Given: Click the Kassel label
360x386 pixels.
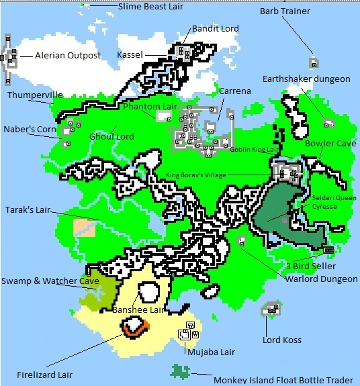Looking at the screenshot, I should (x=130, y=54).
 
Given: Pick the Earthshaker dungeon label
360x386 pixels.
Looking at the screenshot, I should (x=306, y=79).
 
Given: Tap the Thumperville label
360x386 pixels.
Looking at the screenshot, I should (x=35, y=95).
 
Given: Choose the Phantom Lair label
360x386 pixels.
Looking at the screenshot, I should (x=150, y=106).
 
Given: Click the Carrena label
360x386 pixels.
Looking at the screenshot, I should (x=235, y=91).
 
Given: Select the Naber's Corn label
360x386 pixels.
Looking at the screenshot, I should (x=30, y=129).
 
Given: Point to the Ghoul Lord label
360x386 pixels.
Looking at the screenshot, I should (x=111, y=136).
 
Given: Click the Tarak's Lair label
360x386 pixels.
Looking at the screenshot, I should (x=28, y=210).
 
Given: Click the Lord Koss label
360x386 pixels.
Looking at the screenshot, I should (x=283, y=340).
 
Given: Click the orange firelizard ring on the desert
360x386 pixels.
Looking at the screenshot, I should (x=135, y=328).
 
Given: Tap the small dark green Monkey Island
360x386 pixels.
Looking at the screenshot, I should (x=180, y=371).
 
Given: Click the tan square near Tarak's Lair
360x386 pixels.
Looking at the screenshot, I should (x=85, y=228).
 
